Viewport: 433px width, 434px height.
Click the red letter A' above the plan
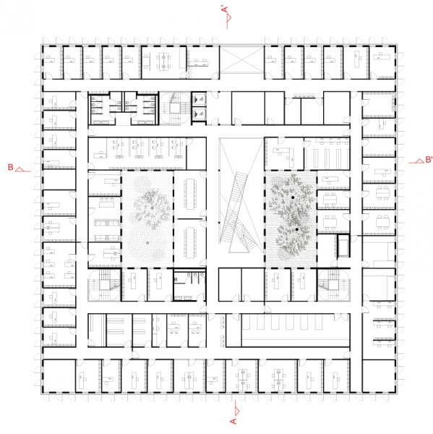(225, 9)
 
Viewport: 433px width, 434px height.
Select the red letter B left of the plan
(11, 167)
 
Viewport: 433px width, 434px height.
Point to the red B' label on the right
(429, 160)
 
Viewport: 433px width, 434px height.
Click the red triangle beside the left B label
(20, 169)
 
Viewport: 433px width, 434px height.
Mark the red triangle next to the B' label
(420, 161)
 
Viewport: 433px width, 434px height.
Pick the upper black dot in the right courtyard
(293, 197)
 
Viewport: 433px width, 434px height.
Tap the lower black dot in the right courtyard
(297, 229)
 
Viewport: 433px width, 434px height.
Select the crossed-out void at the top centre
(242, 59)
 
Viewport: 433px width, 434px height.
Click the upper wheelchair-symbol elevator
(199, 98)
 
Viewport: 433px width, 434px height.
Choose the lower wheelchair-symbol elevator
(199, 114)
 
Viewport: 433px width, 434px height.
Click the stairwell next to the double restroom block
(175, 109)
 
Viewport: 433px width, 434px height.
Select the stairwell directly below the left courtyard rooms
(104, 285)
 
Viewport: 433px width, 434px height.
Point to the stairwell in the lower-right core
(334, 285)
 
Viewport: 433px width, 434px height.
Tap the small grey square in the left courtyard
(147, 243)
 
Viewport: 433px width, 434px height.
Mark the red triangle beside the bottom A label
(237, 411)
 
